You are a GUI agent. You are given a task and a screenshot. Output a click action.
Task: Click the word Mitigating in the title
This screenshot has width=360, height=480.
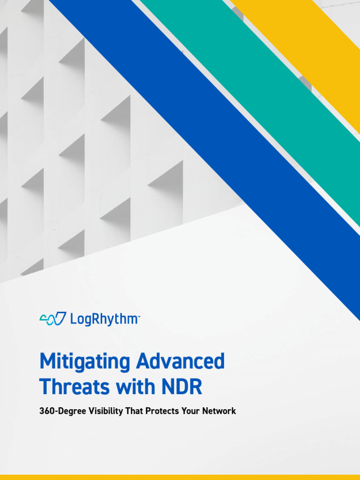[x=84, y=362]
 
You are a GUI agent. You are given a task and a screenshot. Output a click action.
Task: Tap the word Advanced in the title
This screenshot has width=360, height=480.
[x=180, y=361]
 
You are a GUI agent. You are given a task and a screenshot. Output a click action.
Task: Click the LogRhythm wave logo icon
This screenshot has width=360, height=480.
[x=52, y=319]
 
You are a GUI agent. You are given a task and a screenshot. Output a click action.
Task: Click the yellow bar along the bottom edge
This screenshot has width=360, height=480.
[x=180, y=477]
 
